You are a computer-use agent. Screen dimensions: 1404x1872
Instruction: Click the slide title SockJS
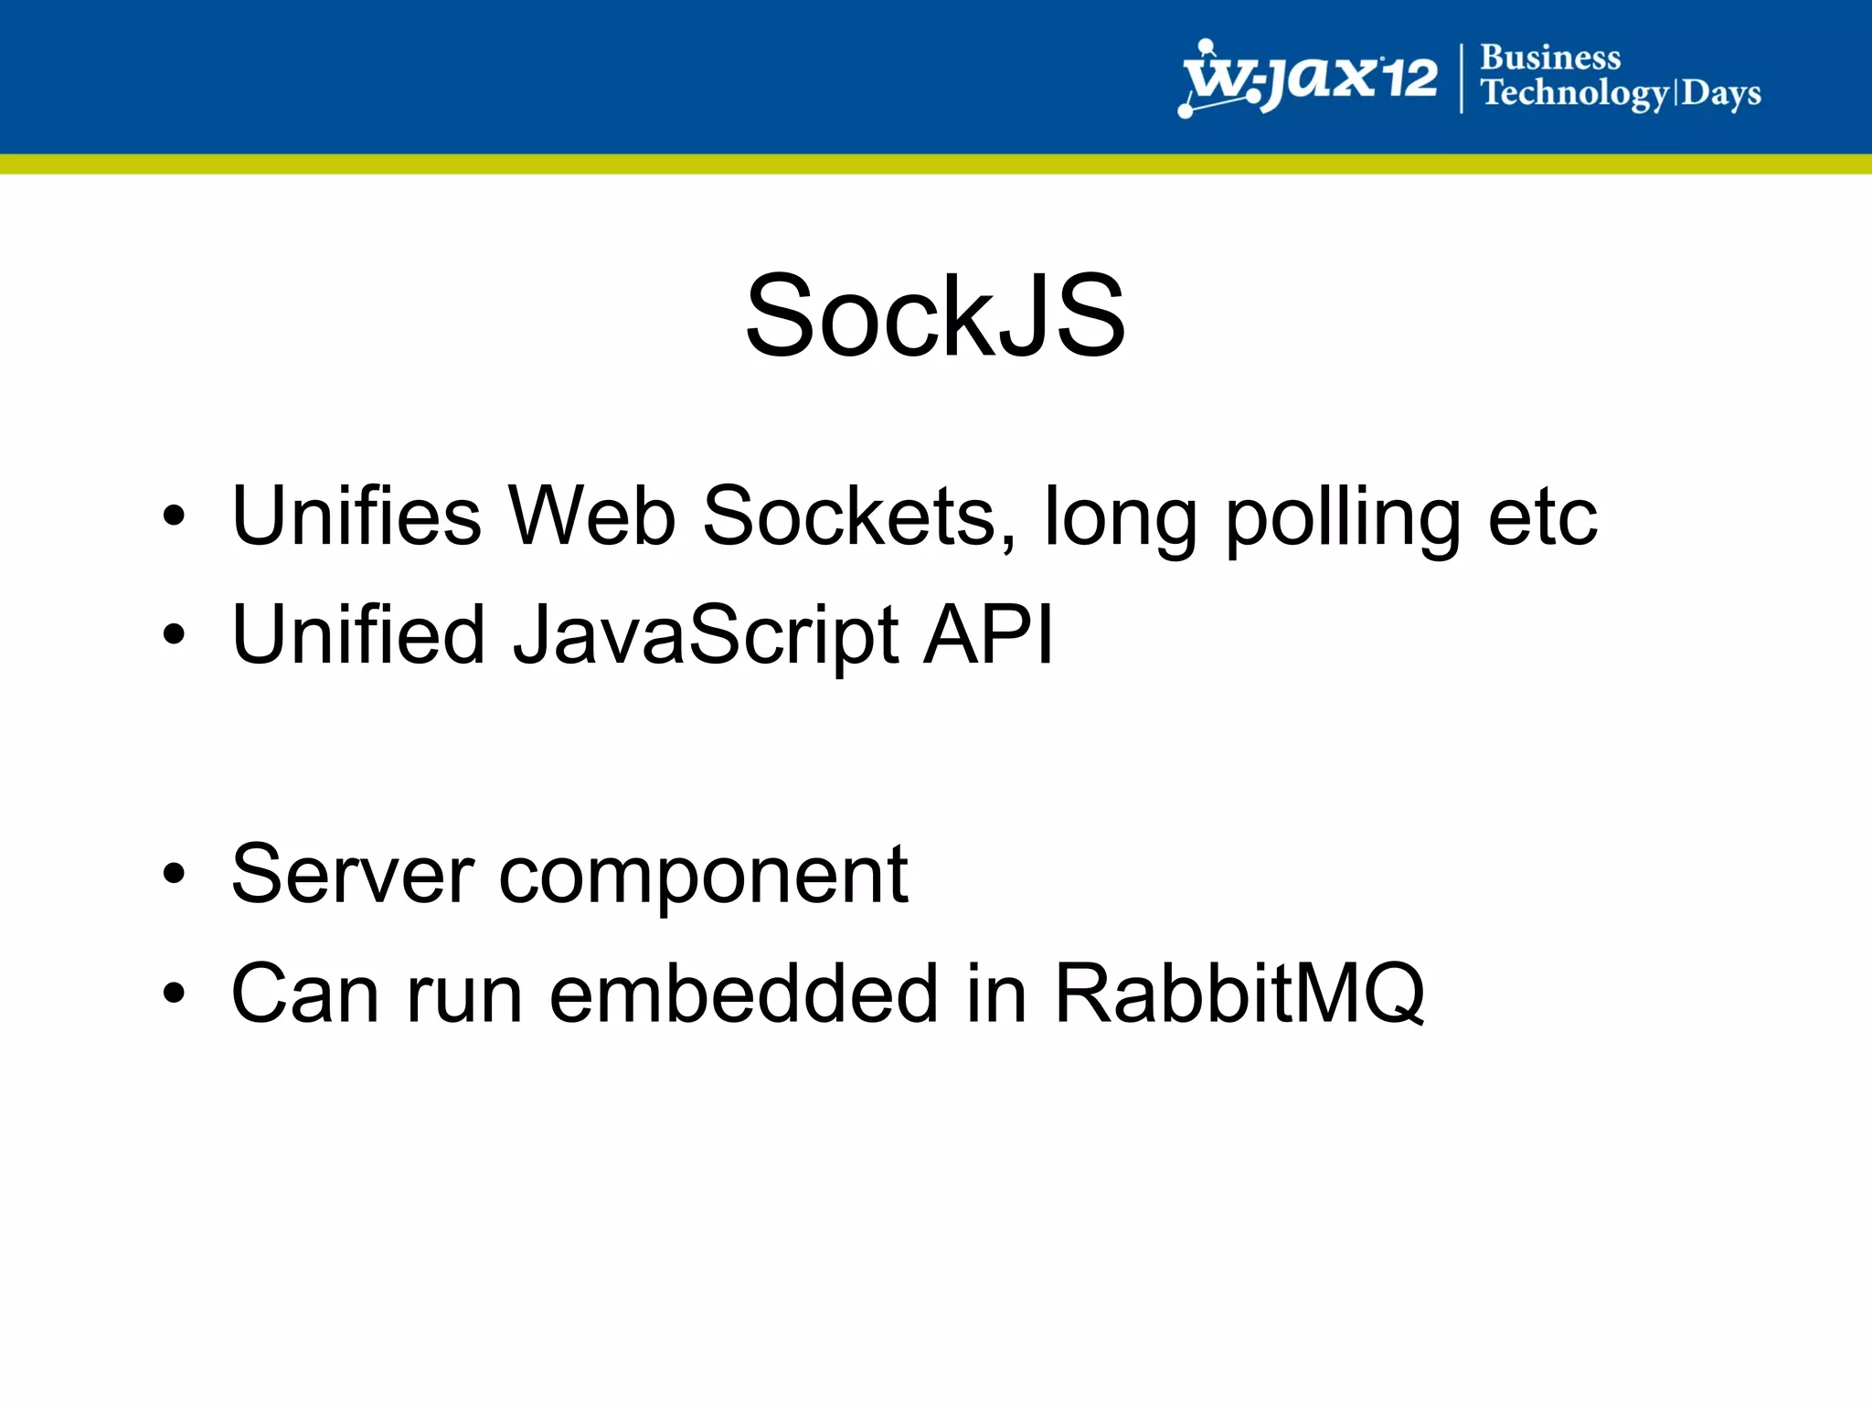coord(935,316)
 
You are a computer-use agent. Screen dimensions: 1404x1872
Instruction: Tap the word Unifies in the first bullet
coord(356,516)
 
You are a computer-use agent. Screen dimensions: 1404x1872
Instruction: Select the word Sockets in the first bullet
coord(857,516)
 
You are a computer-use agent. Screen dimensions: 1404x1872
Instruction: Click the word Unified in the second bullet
coord(358,634)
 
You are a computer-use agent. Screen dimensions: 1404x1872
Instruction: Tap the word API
coord(988,634)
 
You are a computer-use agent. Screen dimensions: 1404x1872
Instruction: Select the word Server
coord(353,875)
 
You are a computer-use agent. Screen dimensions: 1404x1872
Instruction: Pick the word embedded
coord(743,993)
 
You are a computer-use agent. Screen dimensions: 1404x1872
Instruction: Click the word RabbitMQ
coord(1239,994)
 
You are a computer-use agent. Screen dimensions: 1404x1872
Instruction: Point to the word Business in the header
coord(1550,58)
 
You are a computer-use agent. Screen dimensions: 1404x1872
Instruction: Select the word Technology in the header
coord(1574,93)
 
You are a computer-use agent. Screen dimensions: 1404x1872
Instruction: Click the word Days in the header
coord(1721,93)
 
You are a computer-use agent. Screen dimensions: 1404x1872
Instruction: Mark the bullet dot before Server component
coord(174,875)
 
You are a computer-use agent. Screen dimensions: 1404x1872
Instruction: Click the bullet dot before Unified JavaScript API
coord(174,634)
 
